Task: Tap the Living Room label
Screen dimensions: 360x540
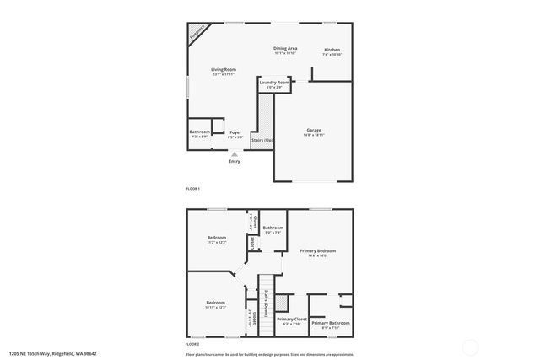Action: [224, 69]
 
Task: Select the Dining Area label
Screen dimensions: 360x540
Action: [285, 49]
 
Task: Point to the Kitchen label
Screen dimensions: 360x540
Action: [332, 50]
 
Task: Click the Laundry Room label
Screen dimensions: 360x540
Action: [274, 82]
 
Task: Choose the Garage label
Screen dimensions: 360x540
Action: [313, 130]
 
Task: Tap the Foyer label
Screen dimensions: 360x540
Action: [235, 132]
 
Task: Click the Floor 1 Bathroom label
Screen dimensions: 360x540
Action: [199, 132]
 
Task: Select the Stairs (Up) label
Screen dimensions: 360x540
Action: [262, 140]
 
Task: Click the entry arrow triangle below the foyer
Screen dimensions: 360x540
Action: [235, 154]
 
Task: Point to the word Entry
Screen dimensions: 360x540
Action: [235, 162]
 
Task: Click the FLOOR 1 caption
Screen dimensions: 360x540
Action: [193, 188]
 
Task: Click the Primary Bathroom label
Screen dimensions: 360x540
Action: [330, 323]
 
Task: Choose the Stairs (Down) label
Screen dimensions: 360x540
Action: [267, 302]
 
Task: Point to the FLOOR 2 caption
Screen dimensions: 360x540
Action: [193, 344]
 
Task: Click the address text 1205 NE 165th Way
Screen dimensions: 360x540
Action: [42, 354]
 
